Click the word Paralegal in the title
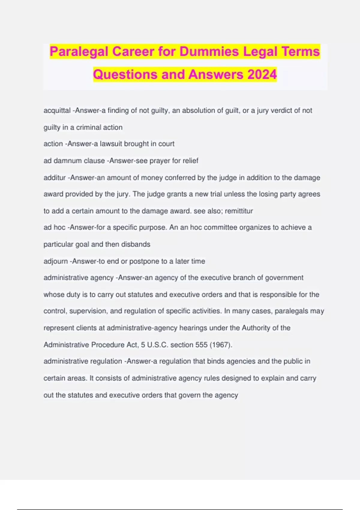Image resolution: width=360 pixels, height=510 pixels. (79, 51)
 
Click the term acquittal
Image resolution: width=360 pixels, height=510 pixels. (57, 110)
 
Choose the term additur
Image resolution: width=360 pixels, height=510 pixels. (55, 178)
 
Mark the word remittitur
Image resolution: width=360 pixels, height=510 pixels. (239, 211)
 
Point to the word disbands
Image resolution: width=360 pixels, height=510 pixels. (136, 244)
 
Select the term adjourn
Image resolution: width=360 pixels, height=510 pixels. (55, 261)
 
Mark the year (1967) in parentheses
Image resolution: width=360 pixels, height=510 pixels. (221, 345)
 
